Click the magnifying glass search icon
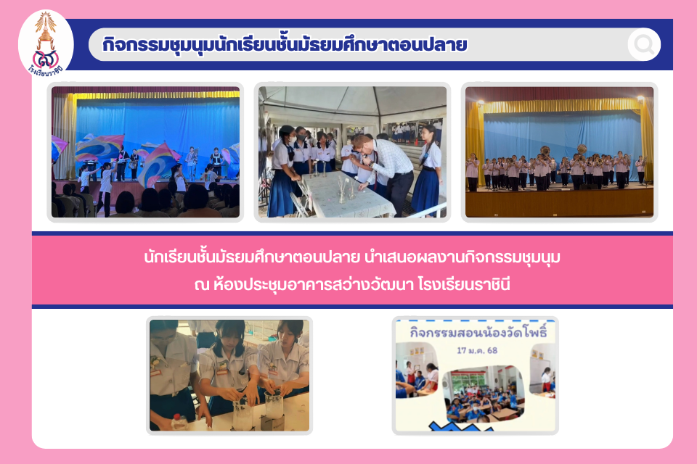tap(644, 44)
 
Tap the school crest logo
tap(46, 43)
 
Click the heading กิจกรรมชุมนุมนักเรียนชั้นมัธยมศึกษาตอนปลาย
tap(285, 44)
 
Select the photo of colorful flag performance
tap(145, 152)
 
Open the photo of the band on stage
tap(559, 152)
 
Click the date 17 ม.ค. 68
tap(477, 350)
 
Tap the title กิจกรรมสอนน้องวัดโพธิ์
tap(478, 333)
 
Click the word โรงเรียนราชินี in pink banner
tap(464, 284)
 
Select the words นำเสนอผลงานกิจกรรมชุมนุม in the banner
tap(462, 257)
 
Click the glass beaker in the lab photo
tap(274, 404)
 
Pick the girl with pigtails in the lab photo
tap(229, 368)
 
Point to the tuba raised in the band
tap(582, 150)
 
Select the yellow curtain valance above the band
tap(561, 106)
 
